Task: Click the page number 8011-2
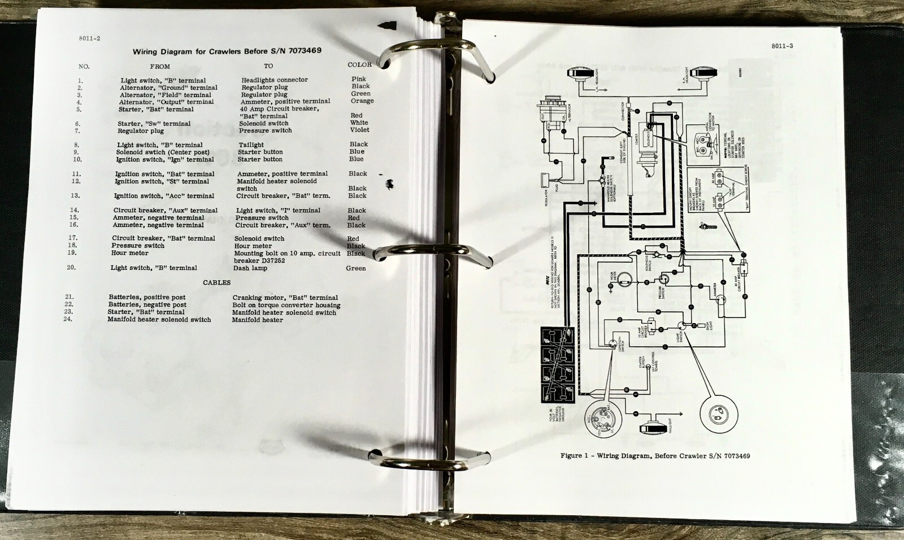[x=90, y=39]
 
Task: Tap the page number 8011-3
[x=782, y=46]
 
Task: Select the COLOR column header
[x=359, y=65]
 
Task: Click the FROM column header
[x=160, y=67]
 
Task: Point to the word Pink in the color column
[x=359, y=79]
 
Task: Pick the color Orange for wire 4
[x=362, y=101]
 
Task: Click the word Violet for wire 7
[x=359, y=130]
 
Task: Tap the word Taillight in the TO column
[x=251, y=145]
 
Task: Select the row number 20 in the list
[x=71, y=268]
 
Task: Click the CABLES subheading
[x=217, y=282]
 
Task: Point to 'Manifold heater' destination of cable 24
[x=257, y=320]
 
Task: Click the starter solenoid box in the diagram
[x=648, y=137]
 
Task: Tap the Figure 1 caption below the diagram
[x=655, y=456]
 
